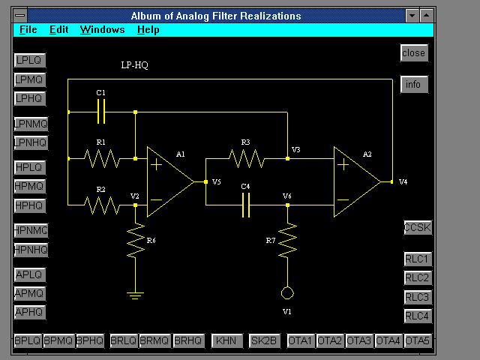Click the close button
pos(414,53)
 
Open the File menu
pos(28,30)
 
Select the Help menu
pos(148,30)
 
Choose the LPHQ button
pos(30,98)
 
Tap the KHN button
pos(226,340)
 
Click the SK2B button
pos(264,340)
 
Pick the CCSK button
pos(418,228)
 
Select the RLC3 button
pos(418,297)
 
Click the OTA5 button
pos(418,340)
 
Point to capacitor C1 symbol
pos(101,112)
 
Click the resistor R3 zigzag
pos(247,158)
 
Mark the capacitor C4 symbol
pos(246,205)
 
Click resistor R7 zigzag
pos(287,241)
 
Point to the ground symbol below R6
pos(135,295)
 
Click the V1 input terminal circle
pos(287,293)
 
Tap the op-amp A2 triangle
pos(357,181)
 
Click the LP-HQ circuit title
pos(135,65)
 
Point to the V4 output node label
pos(403,181)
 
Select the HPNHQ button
pos(31,250)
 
